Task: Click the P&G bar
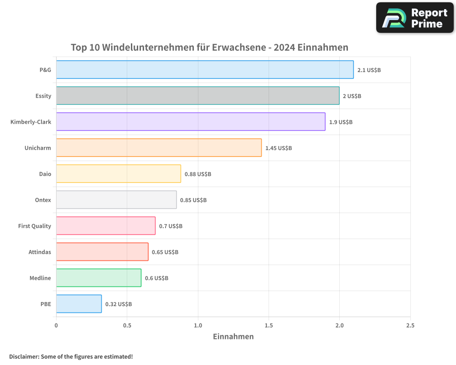[205, 70]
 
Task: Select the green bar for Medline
[98, 278]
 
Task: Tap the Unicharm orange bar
[159, 148]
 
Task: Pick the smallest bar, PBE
[78, 304]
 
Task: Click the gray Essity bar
[197, 96]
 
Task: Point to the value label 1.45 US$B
[279, 148]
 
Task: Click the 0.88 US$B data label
[198, 174]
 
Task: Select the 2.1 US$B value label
[369, 70]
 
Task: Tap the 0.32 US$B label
[119, 304]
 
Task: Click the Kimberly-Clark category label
[31, 122]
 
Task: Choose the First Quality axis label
[35, 226]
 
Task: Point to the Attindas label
[40, 252]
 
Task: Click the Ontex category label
[43, 200]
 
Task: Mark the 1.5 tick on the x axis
[269, 325]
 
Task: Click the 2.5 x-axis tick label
[410, 325]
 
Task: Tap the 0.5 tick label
[127, 325]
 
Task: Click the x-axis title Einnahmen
[233, 337]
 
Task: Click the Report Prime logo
[415, 18]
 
